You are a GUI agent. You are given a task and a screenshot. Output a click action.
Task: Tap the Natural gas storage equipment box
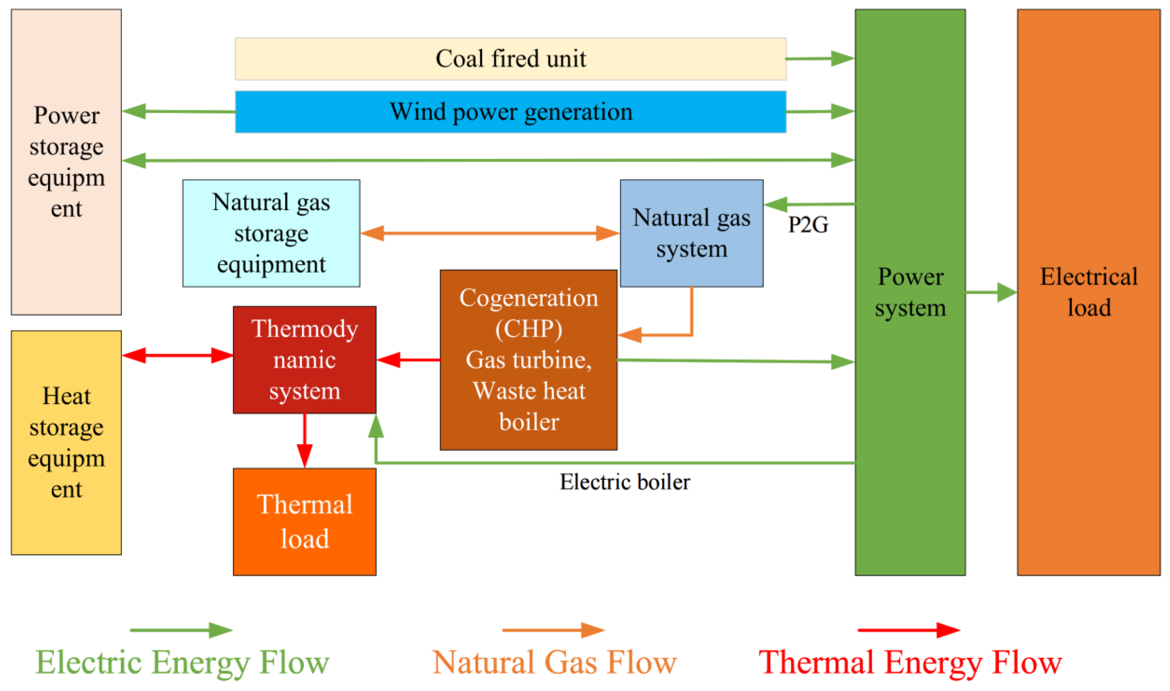coord(271,233)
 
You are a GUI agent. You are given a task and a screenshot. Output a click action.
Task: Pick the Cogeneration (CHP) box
coord(528,359)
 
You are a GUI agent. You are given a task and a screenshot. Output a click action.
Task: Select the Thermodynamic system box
coord(304,359)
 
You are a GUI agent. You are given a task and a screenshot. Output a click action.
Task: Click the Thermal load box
coord(304,522)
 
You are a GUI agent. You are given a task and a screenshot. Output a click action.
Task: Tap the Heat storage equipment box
coord(66,443)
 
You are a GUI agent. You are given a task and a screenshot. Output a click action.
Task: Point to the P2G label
coord(808,225)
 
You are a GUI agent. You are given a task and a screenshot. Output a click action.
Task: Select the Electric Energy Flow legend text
coord(183,662)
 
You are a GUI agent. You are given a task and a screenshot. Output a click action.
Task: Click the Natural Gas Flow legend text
coord(554,662)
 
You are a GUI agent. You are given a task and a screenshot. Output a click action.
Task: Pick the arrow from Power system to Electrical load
coord(990,292)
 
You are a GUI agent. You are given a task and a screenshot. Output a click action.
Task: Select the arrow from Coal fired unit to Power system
coord(820,59)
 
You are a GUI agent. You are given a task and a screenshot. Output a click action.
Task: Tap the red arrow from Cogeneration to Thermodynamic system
coord(408,359)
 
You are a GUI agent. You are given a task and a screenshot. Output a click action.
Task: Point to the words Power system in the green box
coord(910,292)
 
